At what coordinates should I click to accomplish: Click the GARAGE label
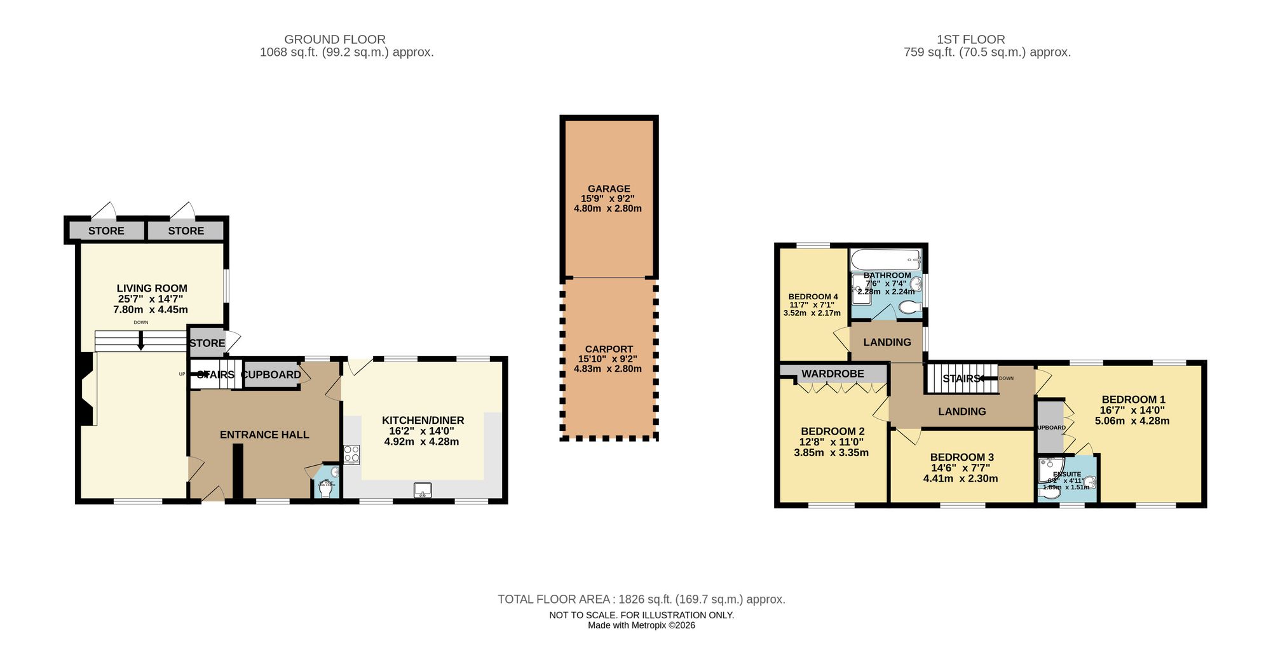click(609, 189)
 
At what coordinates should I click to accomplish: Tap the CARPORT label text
click(609, 349)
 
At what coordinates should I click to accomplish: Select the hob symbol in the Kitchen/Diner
click(351, 454)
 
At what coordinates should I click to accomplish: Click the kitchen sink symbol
click(423, 490)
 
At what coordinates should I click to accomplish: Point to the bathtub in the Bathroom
click(885, 259)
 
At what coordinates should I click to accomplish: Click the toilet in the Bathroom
click(910, 308)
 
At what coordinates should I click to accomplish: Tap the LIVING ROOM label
click(152, 288)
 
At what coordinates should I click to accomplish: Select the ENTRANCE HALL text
click(264, 435)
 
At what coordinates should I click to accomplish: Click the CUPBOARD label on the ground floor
click(271, 375)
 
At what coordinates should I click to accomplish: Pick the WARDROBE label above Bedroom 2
click(833, 374)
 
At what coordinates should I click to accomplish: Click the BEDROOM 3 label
click(962, 457)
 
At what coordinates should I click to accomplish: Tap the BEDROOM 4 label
click(813, 297)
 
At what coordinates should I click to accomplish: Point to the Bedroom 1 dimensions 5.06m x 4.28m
click(1132, 421)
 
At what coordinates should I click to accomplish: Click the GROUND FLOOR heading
click(335, 39)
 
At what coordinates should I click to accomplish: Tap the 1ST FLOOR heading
click(970, 39)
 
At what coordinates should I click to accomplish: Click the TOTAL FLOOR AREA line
click(641, 599)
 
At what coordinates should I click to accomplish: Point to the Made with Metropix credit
click(641, 625)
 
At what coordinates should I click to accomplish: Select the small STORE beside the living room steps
click(207, 343)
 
